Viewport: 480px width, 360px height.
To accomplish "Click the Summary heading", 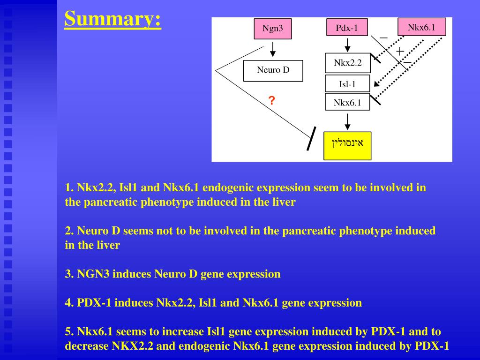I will pyautogui.click(x=112, y=19).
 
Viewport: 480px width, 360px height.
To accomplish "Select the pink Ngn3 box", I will pyautogui.click(x=272, y=28).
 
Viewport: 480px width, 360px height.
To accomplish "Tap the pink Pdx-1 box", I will pyautogui.click(x=347, y=28).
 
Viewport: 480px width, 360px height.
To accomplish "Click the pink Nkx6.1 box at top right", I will pyautogui.click(x=421, y=27).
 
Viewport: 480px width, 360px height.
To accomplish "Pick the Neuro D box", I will pyautogui.click(x=273, y=70).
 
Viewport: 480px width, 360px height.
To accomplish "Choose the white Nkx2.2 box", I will pyautogui.click(x=347, y=63).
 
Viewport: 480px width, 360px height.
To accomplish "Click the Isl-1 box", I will pyautogui.click(x=347, y=84).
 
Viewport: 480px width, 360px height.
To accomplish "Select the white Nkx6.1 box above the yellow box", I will pyautogui.click(x=347, y=102).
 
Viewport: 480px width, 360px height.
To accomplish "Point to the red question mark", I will pyautogui.click(x=271, y=100).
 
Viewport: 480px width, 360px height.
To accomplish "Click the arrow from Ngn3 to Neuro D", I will pyautogui.click(x=273, y=49).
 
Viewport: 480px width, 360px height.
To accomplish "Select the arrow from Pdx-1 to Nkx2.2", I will pyautogui.click(x=347, y=45).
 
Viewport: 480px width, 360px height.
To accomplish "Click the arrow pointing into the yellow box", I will pyautogui.click(x=347, y=121).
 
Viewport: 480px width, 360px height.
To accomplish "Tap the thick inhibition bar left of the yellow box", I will pyautogui.click(x=312, y=139).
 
